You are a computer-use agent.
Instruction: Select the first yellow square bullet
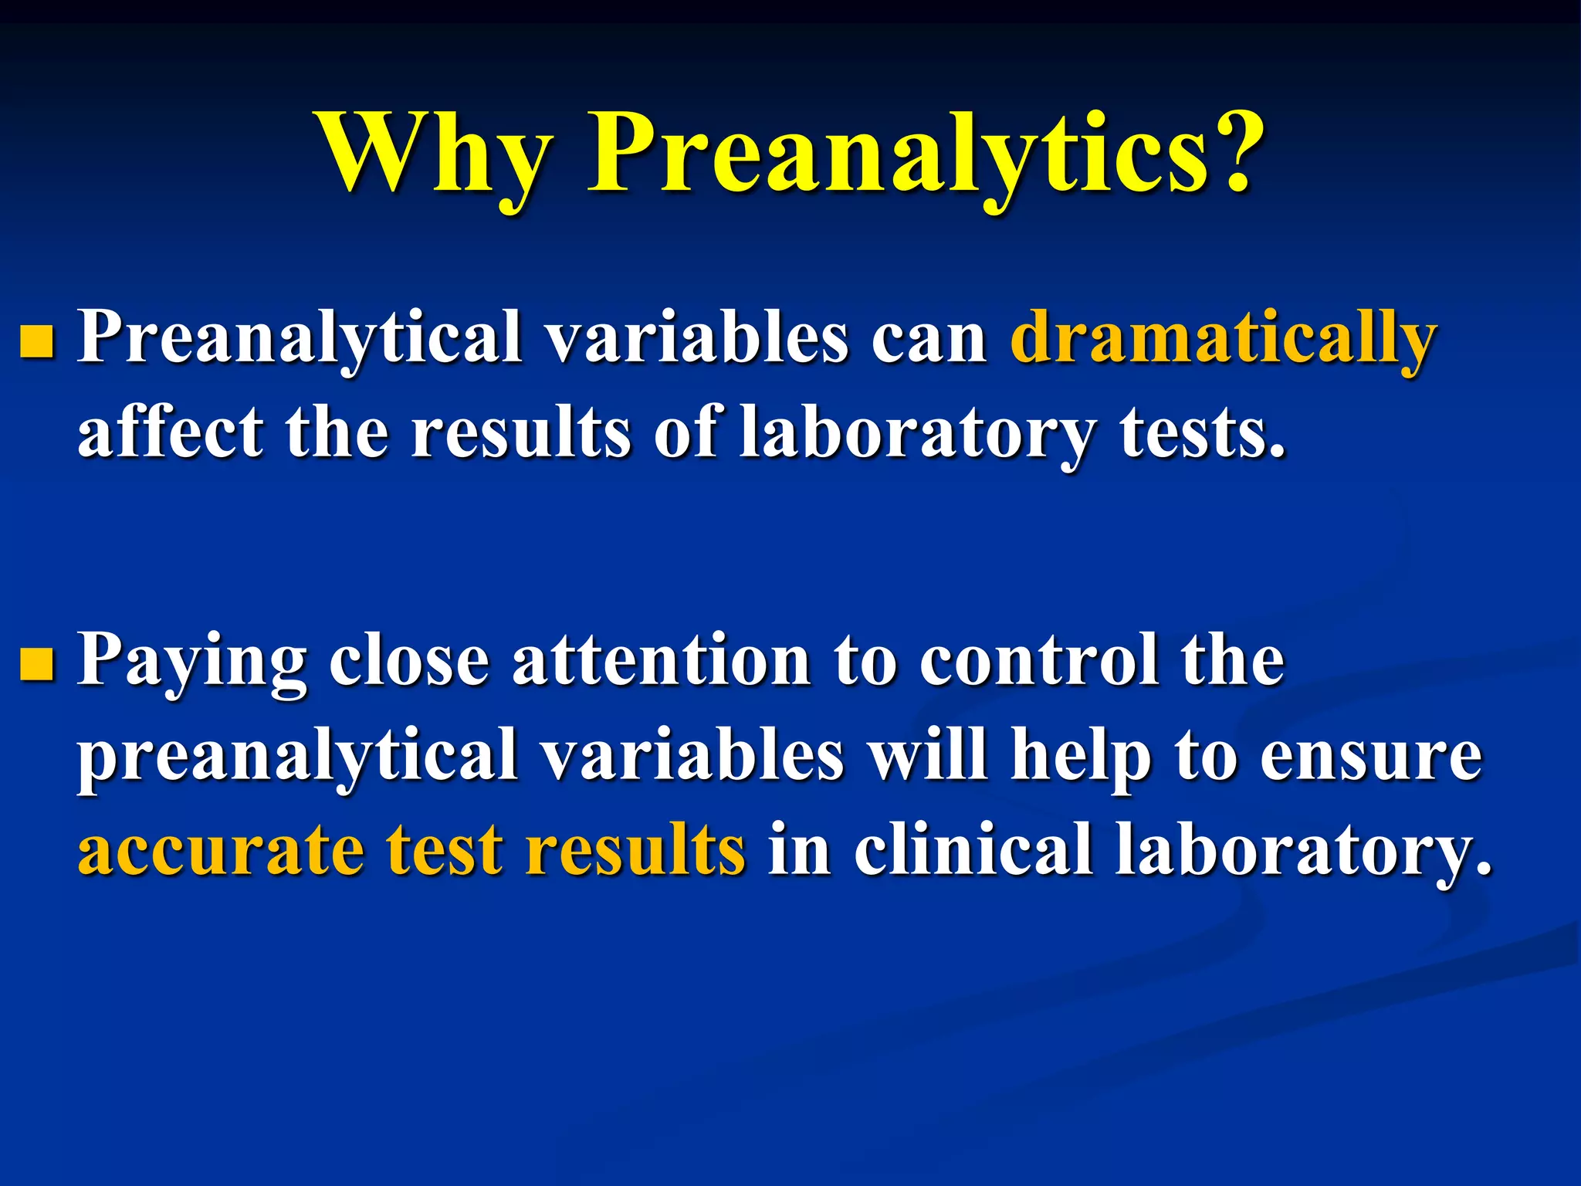pyautogui.click(x=37, y=342)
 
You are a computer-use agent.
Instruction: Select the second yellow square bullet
pyautogui.click(x=37, y=665)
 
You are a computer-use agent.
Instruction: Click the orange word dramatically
pyautogui.click(x=1223, y=338)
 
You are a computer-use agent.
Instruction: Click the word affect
pyautogui.click(x=170, y=432)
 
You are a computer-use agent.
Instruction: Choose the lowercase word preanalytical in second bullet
pyautogui.click(x=296, y=757)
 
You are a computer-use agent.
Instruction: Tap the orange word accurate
pyautogui.click(x=221, y=850)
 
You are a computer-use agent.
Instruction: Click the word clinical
pyautogui.click(x=973, y=849)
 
